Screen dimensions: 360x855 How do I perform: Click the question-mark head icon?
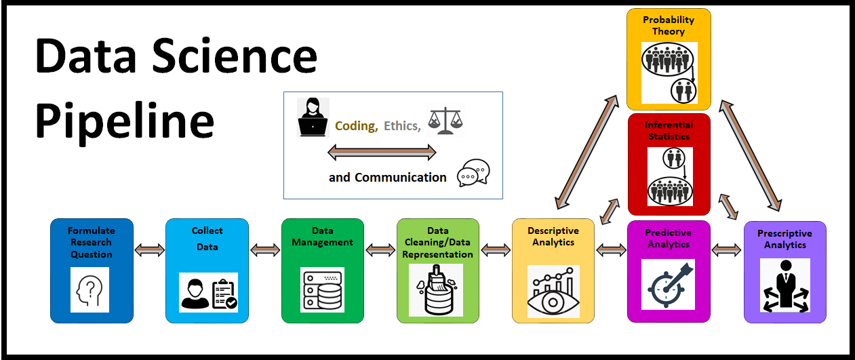[x=90, y=289]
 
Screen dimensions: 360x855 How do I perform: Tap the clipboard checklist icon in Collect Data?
[x=224, y=294]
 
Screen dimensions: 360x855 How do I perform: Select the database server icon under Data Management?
[x=322, y=289]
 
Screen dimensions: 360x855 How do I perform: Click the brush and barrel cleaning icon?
[x=436, y=290]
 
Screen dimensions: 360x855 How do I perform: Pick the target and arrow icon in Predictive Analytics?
[x=669, y=285]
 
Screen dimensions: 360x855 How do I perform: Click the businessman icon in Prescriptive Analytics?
[x=785, y=285]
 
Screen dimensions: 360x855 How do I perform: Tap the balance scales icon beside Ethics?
[x=445, y=121]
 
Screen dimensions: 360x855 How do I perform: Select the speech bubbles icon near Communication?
[x=473, y=174]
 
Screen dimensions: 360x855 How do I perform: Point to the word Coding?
[x=355, y=125]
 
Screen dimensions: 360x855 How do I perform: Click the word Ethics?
[x=401, y=125]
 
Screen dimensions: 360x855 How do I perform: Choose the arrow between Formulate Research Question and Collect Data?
[x=150, y=250]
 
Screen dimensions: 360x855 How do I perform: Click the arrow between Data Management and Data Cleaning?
[x=380, y=250]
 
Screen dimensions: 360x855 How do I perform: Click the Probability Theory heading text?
[x=669, y=26]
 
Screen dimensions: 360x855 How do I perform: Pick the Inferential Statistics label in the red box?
[x=669, y=131]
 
